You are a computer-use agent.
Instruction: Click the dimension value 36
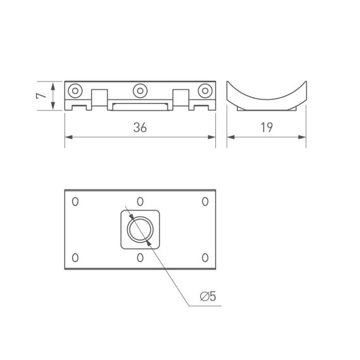point(140,128)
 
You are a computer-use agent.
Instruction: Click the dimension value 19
point(266,128)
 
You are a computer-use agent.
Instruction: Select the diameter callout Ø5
point(208,296)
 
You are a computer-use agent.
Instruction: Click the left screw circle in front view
point(75,90)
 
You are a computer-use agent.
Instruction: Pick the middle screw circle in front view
point(140,90)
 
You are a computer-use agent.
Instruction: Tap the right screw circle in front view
point(205,90)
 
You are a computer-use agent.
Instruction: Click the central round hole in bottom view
point(140,229)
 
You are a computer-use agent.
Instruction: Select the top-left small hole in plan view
point(75,201)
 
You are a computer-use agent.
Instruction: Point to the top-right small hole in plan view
point(205,201)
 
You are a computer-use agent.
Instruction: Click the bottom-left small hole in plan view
point(75,257)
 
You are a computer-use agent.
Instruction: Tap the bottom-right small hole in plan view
point(205,257)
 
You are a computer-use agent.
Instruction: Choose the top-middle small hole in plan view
point(140,201)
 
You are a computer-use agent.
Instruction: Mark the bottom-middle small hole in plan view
point(140,257)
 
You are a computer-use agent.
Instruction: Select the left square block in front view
point(99,99)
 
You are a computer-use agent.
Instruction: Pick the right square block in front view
point(181,99)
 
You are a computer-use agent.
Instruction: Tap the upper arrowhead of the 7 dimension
point(53,84)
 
